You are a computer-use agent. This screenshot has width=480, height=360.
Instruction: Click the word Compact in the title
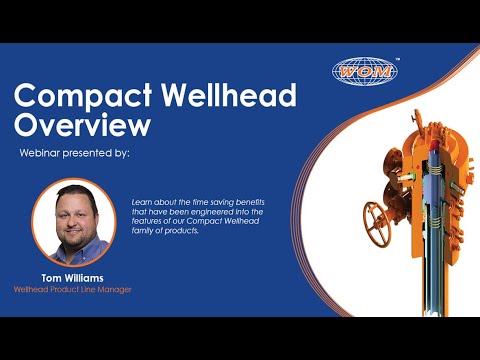click(x=81, y=97)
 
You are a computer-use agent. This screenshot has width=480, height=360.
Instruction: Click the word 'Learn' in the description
click(x=142, y=201)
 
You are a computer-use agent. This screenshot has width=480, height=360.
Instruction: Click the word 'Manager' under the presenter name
click(x=112, y=289)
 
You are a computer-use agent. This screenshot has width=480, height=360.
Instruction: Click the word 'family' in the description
click(x=144, y=231)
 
